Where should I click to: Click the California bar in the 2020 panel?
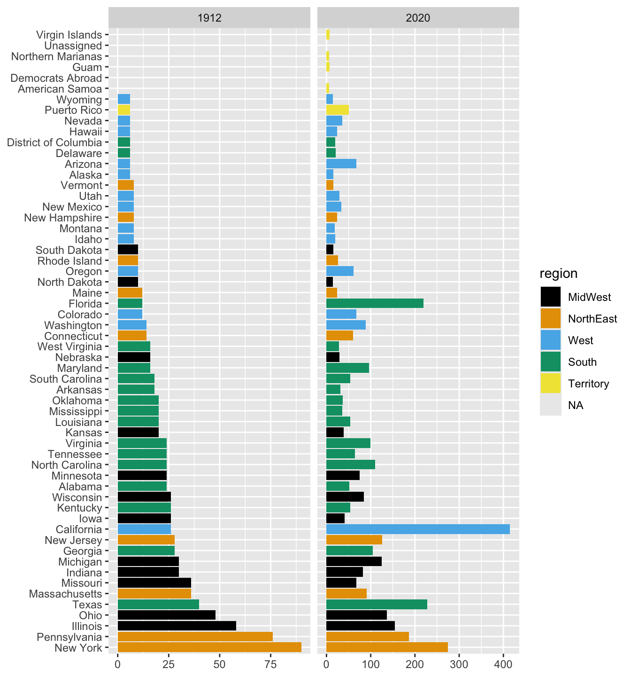pos(418,529)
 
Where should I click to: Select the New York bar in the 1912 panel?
pos(209,648)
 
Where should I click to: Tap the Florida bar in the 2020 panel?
pos(375,304)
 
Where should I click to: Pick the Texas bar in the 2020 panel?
pos(377,605)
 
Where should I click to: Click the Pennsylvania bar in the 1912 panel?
pos(195,637)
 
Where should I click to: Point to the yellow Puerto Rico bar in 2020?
pos(338,110)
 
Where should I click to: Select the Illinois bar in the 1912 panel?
pos(177,626)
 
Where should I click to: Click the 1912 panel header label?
pos(209,18)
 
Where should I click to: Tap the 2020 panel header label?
pos(418,18)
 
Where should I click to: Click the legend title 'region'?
pos(558,274)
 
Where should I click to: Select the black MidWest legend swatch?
pos(550,297)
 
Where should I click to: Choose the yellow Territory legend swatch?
pos(550,384)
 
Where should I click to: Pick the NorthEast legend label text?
pos(592,319)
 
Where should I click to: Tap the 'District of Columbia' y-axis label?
pos(54,142)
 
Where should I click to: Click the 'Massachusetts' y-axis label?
pos(65,594)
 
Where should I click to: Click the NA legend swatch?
pos(550,405)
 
